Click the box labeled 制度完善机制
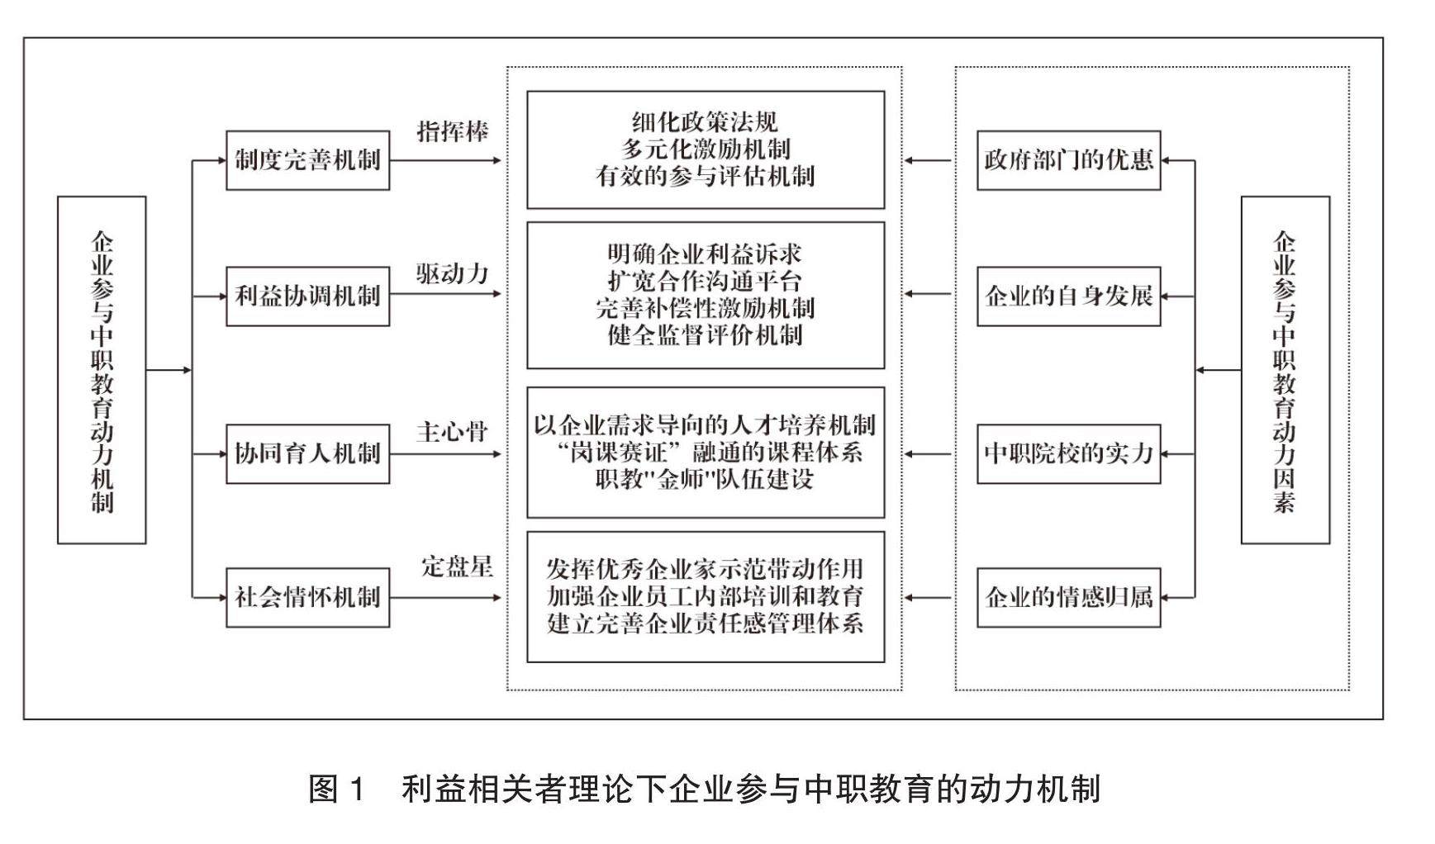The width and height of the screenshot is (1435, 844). [x=307, y=160]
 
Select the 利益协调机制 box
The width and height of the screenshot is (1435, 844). [x=307, y=296]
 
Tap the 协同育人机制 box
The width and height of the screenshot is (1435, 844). [x=307, y=453]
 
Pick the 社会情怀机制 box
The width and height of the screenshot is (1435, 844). [x=307, y=597]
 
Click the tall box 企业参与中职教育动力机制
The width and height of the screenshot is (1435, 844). [x=102, y=370]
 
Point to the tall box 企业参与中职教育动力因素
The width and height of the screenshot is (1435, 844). [x=1285, y=370]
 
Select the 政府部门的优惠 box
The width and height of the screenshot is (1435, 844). [x=1068, y=160]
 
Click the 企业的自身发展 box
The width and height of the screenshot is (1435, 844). [x=1068, y=296]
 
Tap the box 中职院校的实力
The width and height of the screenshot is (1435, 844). [x=1068, y=453]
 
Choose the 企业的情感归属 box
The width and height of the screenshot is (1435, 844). [x=1068, y=597]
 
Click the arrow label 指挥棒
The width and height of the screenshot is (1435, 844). [x=453, y=131]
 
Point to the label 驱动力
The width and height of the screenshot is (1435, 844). [x=453, y=273]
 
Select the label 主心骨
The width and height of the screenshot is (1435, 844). [x=453, y=431]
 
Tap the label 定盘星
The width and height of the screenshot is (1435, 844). [x=457, y=567]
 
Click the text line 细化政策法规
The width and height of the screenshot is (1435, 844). [x=705, y=122]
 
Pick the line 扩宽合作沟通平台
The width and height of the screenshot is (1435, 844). [x=705, y=281]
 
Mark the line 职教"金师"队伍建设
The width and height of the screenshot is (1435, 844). [x=705, y=480]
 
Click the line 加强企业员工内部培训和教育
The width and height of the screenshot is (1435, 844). [x=705, y=596]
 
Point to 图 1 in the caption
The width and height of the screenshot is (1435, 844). [x=336, y=789]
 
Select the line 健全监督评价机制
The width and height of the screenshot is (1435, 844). [x=705, y=335]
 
